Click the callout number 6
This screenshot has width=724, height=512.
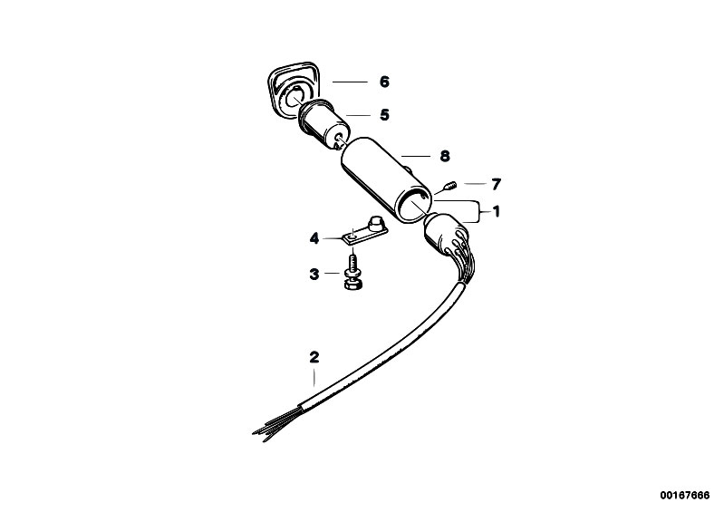pyautogui.click(x=384, y=82)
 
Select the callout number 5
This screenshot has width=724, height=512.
pyautogui.click(x=384, y=115)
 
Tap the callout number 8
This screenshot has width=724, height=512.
pyautogui.click(x=445, y=156)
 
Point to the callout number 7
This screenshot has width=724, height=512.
pyautogui.click(x=496, y=185)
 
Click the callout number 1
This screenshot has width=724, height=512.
pyautogui.click(x=497, y=212)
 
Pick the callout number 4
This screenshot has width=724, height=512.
pyautogui.click(x=314, y=238)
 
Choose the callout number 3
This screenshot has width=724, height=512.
pyautogui.click(x=314, y=275)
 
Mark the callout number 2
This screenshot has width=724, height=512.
pyautogui.click(x=314, y=357)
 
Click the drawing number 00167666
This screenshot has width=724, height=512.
pyautogui.click(x=684, y=496)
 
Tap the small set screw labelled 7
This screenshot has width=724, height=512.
pyautogui.click(x=450, y=186)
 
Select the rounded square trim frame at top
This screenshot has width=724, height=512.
pyautogui.click(x=292, y=88)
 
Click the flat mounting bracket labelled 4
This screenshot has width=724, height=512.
pyautogui.click(x=365, y=232)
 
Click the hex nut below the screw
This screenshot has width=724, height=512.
pyautogui.click(x=353, y=284)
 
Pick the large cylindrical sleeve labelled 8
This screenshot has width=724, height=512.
pyautogui.click(x=387, y=180)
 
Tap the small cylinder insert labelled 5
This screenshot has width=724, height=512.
pyautogui.click(x=323, y=125)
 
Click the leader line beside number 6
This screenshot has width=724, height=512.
pyautogui.click(x=350, y=82)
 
